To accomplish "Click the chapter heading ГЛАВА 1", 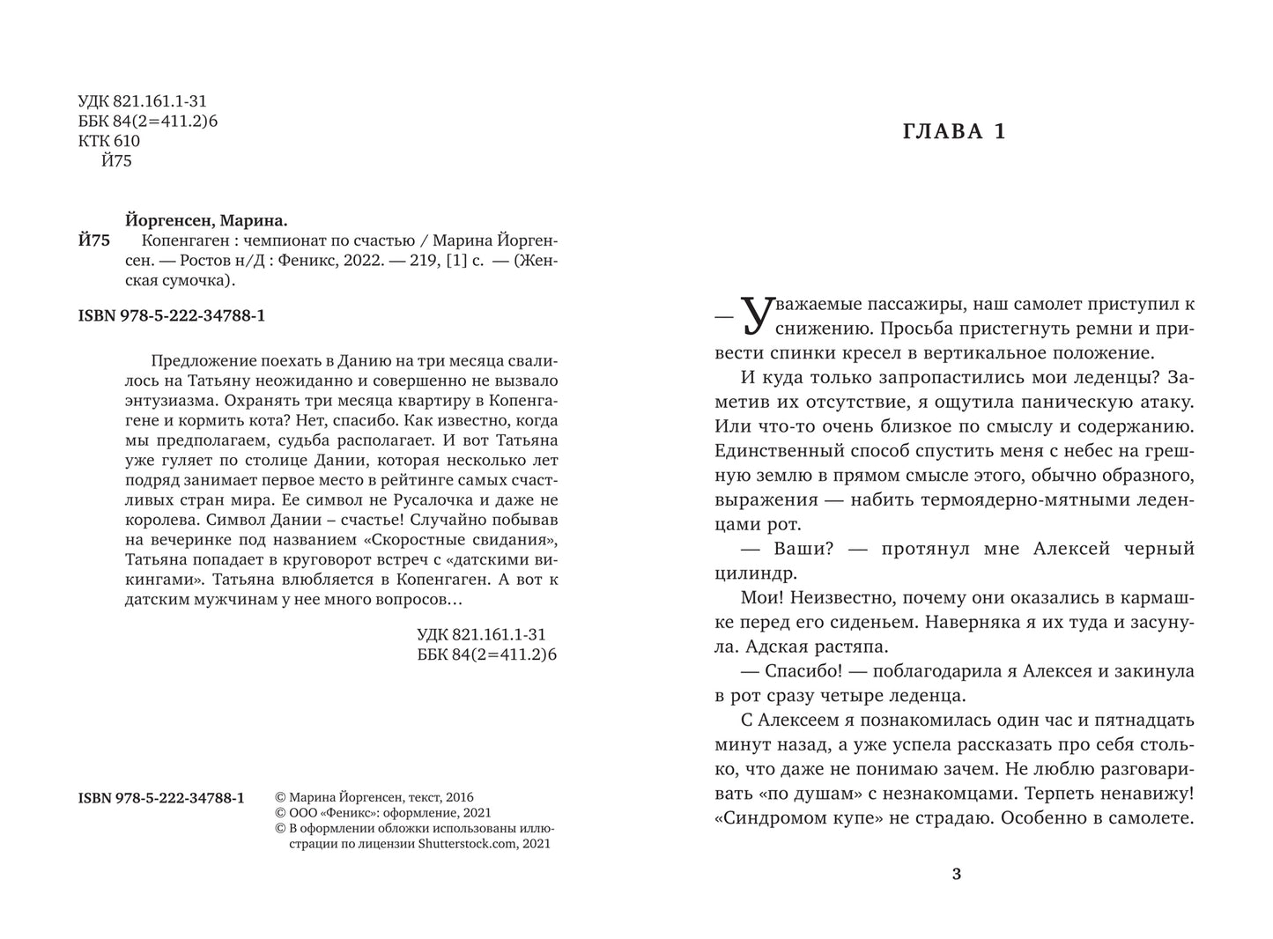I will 955,132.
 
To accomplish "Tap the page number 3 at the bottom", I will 957,874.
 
